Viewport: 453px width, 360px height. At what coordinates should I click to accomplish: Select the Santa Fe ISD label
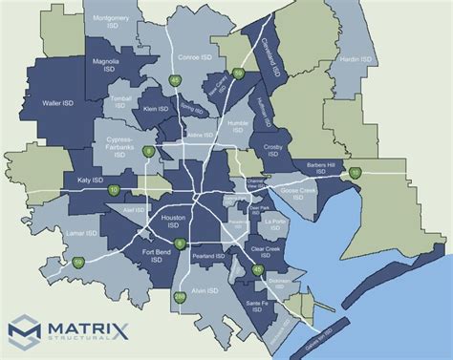click(257, 304)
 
